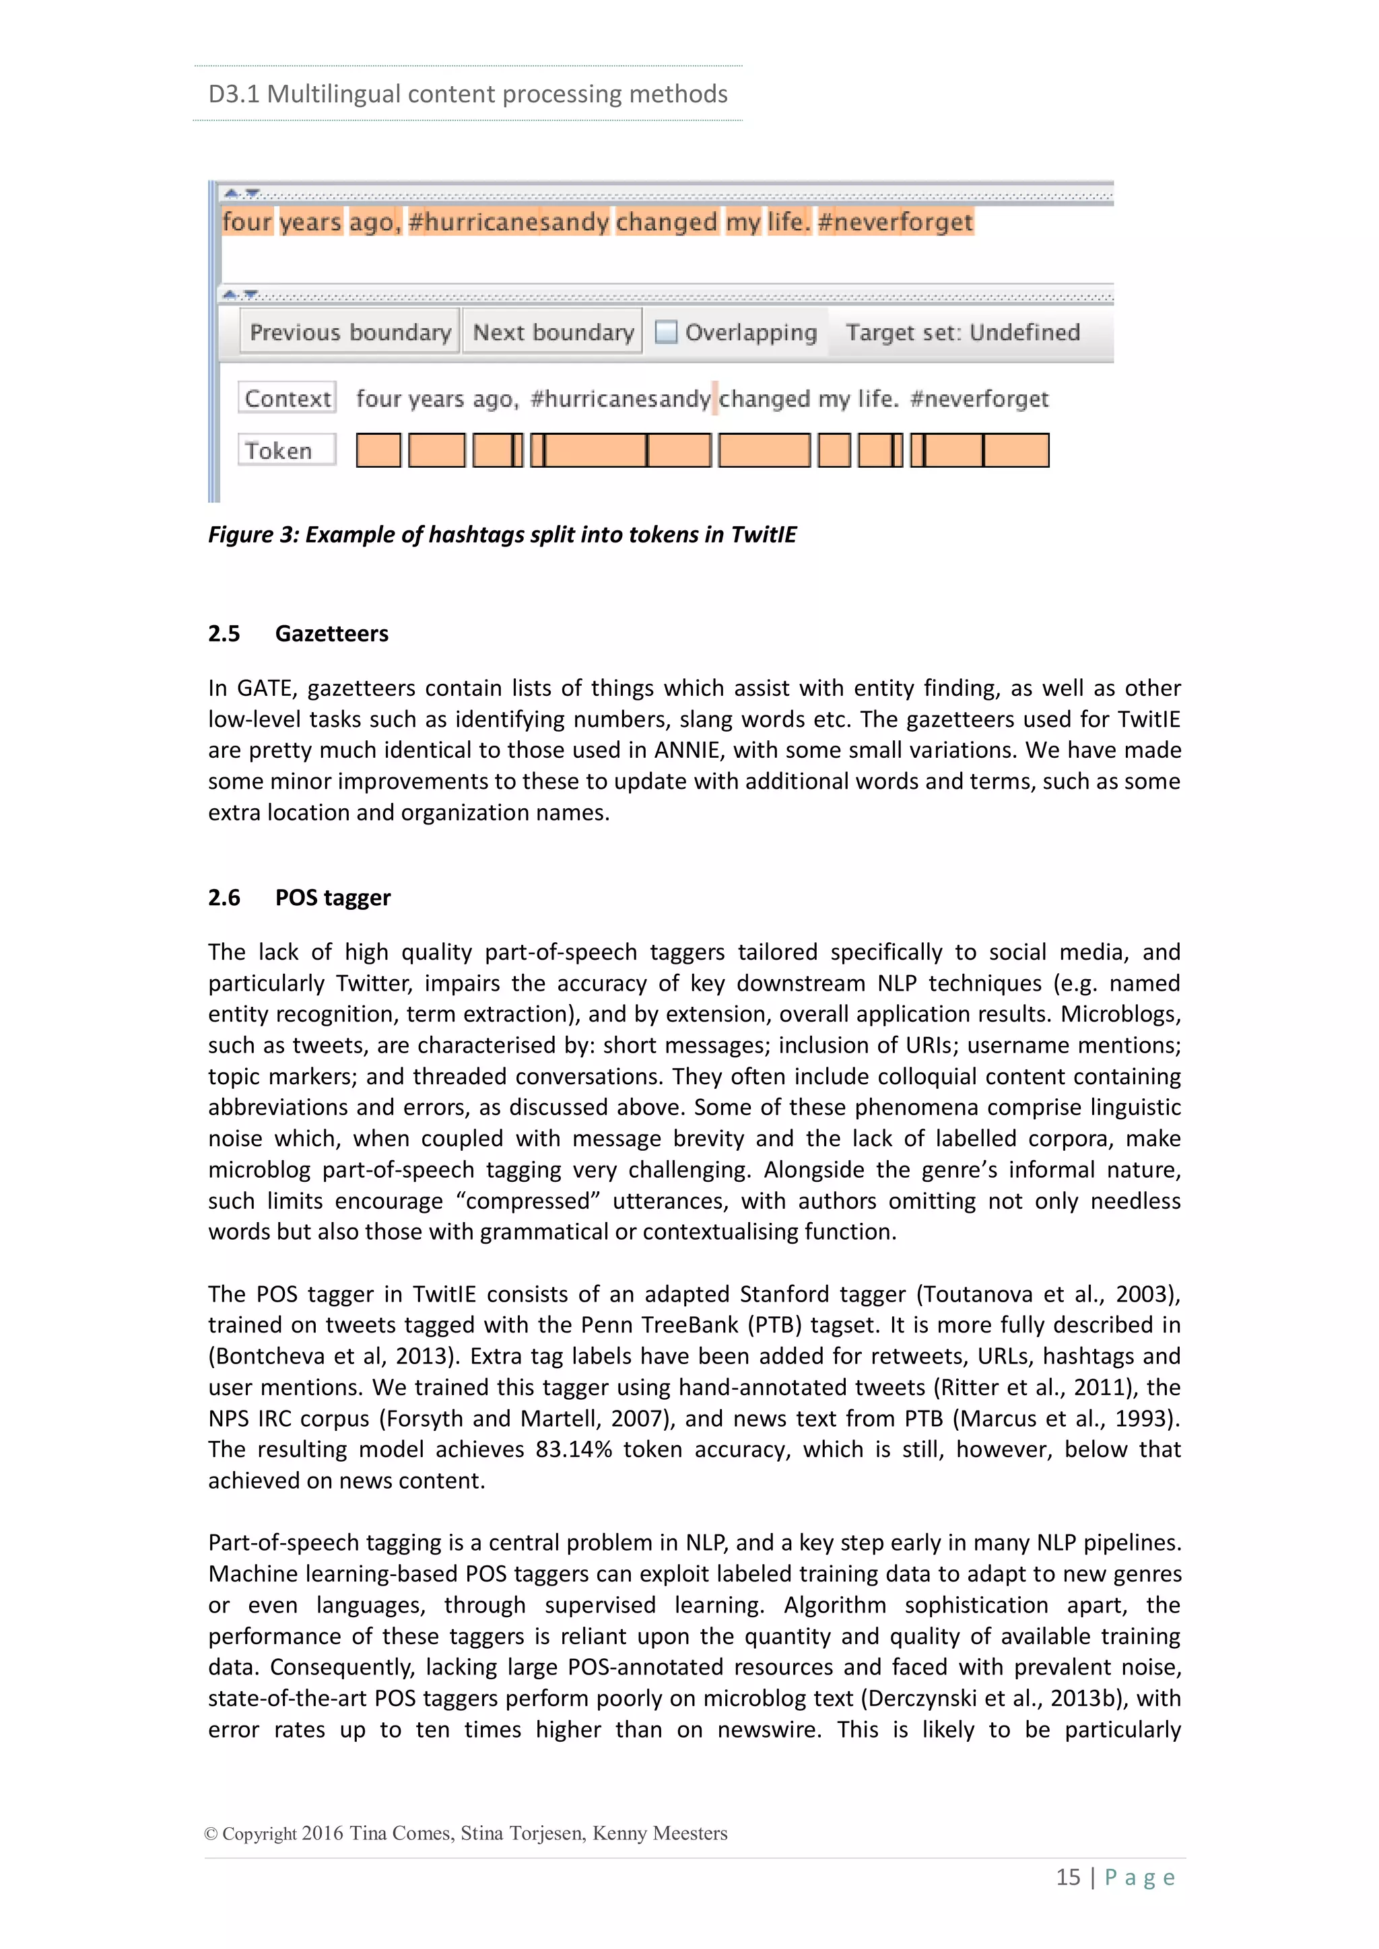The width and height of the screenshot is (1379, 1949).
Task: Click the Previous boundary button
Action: click(x=350, y=332)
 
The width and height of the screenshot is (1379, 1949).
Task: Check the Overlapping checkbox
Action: click(x=667, y=332)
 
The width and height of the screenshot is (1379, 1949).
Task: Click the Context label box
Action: click(x=287, y=398)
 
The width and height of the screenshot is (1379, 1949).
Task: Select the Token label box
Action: click(x=287, y=451)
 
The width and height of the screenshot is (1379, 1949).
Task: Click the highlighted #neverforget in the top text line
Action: click(x=895, y=221)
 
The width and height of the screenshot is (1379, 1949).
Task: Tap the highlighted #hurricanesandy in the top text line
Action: click(x=508, y=221)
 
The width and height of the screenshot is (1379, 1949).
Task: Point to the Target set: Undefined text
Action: click(x=963, y=332)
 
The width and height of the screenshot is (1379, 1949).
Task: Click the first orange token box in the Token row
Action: click(x=378, y=451)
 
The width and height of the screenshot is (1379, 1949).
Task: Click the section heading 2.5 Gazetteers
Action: click(x=298, y=633)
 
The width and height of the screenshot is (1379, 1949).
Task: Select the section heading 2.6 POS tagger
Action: click(x=299, y=897)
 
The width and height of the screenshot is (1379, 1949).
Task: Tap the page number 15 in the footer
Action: click(x=1067, y=1877)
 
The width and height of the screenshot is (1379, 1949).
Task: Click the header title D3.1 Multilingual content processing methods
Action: click(x=468, y=94)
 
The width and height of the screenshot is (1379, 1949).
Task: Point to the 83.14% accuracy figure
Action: click(x=573, y=1449)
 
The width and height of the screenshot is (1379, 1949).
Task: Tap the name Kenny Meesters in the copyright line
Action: click(x=660, y=1833)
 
